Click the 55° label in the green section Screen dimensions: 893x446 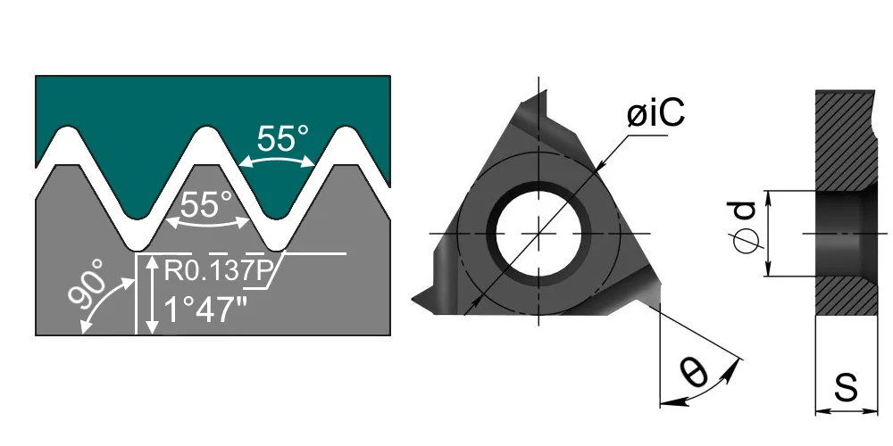[x=282, y=138]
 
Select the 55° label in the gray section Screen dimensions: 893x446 [x=206, y=204]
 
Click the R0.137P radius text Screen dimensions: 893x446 [x=216, y=270]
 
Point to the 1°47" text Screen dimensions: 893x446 [x=205, y=310]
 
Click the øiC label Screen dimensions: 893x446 [x=655, y=114]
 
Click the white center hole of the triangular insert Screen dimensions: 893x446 [x=538, y=233]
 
